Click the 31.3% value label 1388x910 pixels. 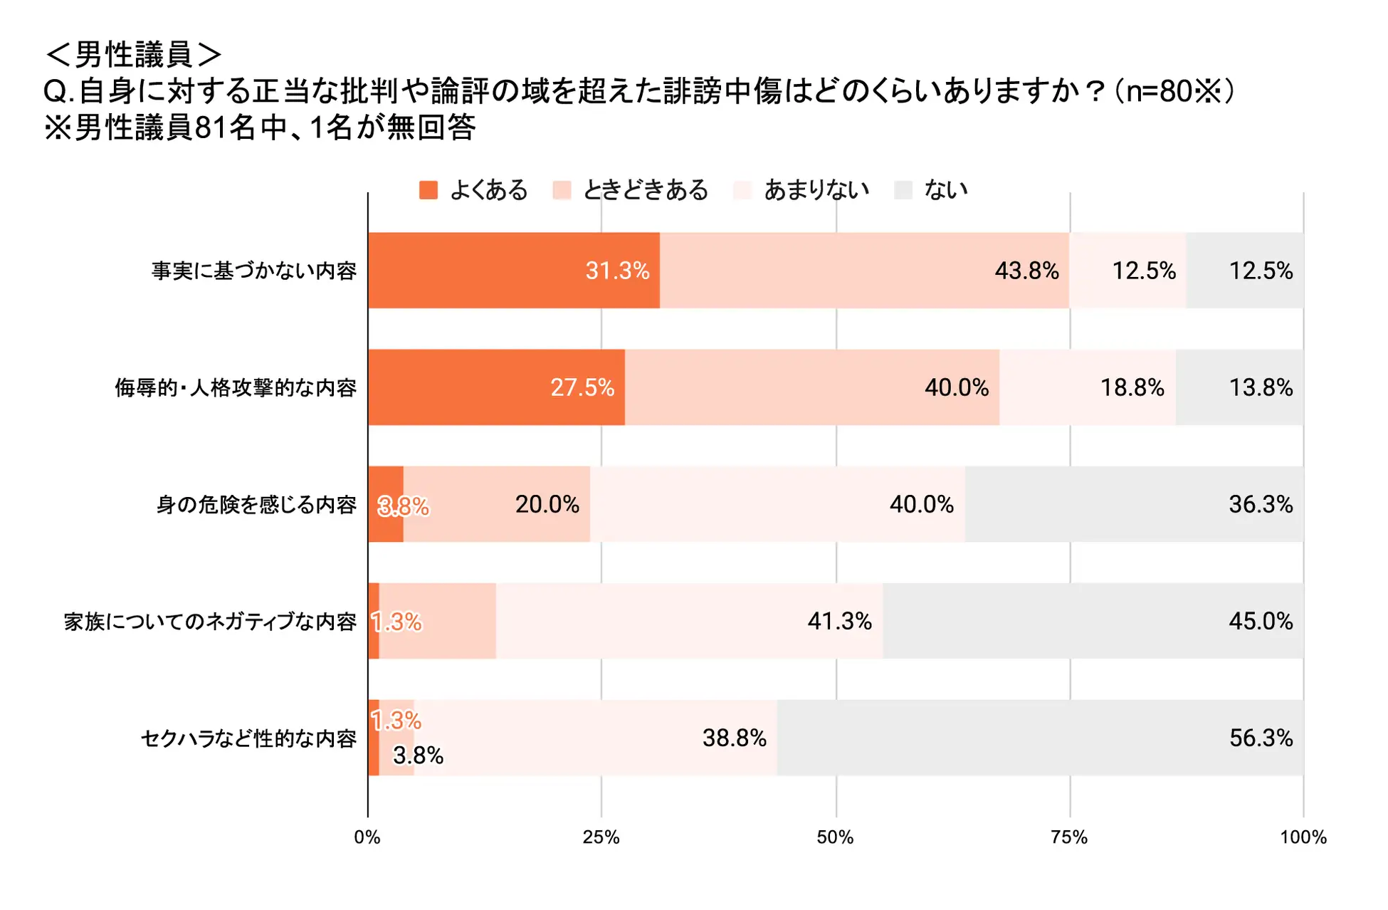coord(617,271)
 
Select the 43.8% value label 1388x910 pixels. coord(1026,271)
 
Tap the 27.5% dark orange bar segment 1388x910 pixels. coord(496,387)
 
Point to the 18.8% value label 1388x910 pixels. coord(1132,387)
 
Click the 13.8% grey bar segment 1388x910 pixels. coord(1239,387)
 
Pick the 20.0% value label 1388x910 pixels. coord(547,504)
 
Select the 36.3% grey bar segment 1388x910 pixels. coord(1134,504)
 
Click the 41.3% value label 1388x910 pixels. coord(839,621)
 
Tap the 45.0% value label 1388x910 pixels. coord(1260,621)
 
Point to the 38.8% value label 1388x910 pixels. coord(734,738)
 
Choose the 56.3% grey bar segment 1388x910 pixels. coord(1040,738)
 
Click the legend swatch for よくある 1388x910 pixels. coord(428,190)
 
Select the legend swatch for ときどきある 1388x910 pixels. coord(562,190)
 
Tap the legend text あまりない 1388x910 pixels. coord(816,190)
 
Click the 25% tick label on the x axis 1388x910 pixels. coord(601,837)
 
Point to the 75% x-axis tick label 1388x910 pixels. coord(1069,837)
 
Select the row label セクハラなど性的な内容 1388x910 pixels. coord(248,738)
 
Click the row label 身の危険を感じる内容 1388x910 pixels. coord(256,505)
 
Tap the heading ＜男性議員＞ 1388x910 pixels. coord(133,54)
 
